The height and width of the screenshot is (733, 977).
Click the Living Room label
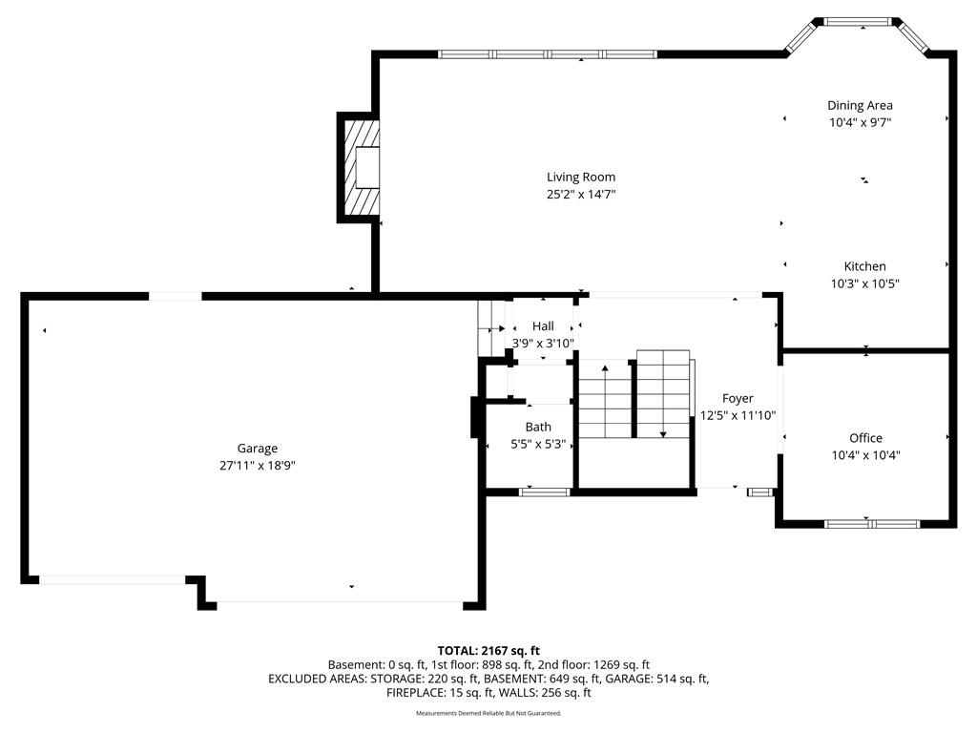click(x=581, y=177)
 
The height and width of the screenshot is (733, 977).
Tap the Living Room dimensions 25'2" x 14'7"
click(x=581, y=194)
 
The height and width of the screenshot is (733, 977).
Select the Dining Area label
click(x=860, y=106)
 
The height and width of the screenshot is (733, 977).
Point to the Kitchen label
click(x=864, y=266)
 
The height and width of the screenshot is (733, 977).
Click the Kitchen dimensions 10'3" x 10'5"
click(x=864, y=283)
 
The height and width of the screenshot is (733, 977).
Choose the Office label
click(x=865, y=437)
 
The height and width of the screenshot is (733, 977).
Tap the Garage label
click(x=258, y=449)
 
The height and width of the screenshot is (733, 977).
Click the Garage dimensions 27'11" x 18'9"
click(x=258, y=465)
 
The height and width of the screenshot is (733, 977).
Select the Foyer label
click(x=738, y=398)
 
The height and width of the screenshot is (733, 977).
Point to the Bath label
click(x=538, y=427)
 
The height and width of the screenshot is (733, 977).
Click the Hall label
click(x=543, y=326)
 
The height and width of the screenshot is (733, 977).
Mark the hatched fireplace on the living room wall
click(x=359, y=167)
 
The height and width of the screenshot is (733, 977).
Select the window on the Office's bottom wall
click(x=872, y=524)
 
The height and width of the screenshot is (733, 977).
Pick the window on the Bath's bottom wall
click(x=545, y=492)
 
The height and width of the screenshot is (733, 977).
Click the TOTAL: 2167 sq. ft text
click(x=488, y=651)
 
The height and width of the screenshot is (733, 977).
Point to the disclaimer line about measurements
click(x=488, y=713)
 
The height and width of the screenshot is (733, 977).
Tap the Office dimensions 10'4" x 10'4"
click(x=865, y=455)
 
